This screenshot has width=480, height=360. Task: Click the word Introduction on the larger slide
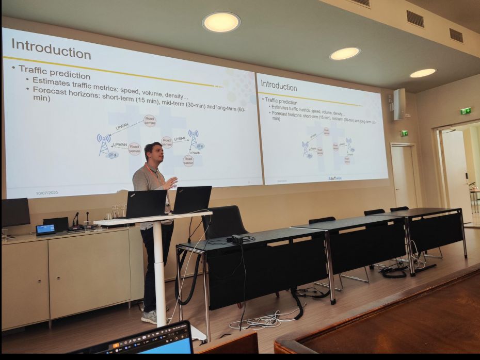tap(51, 48)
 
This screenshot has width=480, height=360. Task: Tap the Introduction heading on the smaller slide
tap(279, 85)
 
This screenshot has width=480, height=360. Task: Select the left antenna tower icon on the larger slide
tap(104, 144)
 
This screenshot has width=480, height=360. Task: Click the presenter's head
tap(152, 152)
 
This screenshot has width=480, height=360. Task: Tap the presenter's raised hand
tap(171, 182)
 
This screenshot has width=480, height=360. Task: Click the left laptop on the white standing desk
tap(146, 204)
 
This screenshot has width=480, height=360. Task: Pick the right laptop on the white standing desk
tap(192, 200)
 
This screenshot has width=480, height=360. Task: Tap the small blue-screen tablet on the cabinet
tap(45, 229)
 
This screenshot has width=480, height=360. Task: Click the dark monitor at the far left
tap(15, 212)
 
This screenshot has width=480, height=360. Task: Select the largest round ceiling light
tap(221, 22)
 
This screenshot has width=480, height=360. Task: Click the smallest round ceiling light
tap(423, 73)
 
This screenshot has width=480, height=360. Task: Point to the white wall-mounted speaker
tap(399, 104)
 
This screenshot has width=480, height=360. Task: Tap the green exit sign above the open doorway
tap(466, 110)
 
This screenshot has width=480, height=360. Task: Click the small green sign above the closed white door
tap(404, 133)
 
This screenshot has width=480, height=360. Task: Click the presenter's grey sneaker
tap(150, 317)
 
